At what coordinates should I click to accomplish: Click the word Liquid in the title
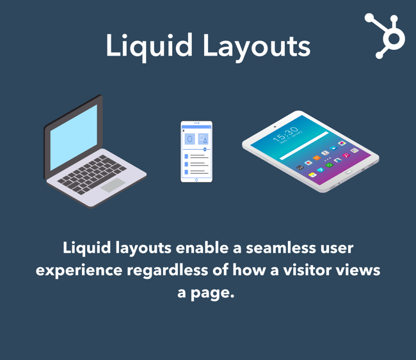(x=148, y=45)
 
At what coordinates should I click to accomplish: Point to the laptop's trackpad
(x=112, y=185)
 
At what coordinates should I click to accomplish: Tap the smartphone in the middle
(x=196, y=152)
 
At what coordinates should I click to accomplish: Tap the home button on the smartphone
(x=196, y=180)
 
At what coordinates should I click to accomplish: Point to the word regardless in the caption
(x=168, y=270)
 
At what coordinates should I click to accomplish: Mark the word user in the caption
(x=331, y=247)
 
